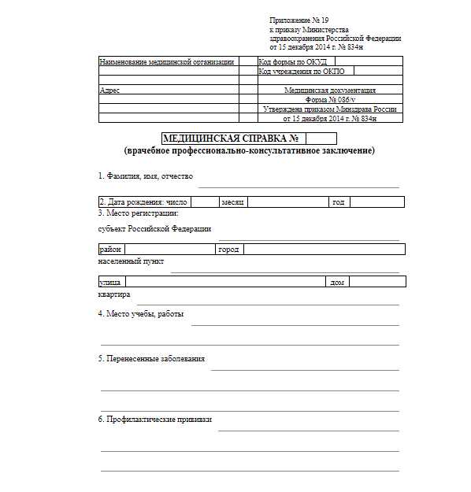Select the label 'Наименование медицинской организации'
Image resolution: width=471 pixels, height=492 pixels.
point(167,61)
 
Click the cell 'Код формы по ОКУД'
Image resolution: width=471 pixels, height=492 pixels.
point(292,61)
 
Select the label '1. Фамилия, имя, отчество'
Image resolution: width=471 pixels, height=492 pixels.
point(145,176)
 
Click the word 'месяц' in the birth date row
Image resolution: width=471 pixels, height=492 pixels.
point(233,202)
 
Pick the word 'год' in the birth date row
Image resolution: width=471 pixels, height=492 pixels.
point(339,202)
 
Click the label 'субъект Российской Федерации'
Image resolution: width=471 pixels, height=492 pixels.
point(154,229)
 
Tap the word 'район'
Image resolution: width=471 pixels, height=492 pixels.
point(109,250)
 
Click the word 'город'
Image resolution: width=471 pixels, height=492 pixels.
point(228,250)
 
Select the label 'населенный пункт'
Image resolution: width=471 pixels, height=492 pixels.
point(131,261)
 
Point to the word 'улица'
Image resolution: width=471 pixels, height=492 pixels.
point(109,281)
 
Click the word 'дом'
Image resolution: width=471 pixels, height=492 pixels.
point(336,281)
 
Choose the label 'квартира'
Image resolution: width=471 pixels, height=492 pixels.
point(114,294)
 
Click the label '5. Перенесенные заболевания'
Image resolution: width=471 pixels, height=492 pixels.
point(151,359)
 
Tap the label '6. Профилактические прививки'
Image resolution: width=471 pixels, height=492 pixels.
point(154,420)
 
